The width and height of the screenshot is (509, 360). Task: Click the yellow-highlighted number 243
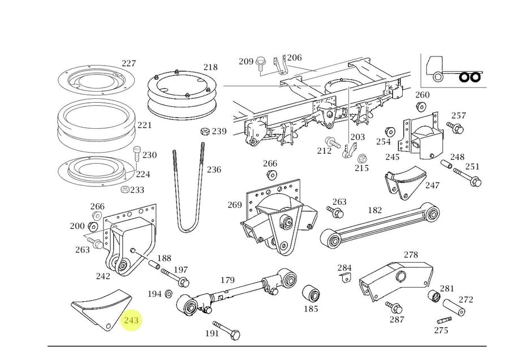131,320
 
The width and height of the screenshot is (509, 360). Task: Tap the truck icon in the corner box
452,70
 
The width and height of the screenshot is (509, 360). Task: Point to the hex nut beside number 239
204,132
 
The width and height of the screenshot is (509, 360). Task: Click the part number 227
129,63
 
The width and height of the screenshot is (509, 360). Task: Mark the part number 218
210,67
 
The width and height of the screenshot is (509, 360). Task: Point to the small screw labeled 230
136,154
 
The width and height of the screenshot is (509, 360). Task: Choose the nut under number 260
421,107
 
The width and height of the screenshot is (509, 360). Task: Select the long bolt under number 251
471,179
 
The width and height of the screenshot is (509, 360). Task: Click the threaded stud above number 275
443,320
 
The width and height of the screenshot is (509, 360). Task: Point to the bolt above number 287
394,307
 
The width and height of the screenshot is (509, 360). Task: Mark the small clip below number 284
345,277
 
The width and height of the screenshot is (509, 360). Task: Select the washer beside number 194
169,294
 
